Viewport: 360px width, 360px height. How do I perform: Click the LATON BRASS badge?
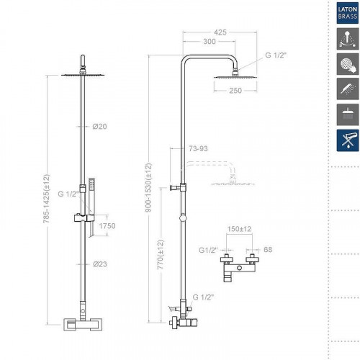(348, 13)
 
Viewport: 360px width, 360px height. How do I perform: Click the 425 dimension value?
(220, 32)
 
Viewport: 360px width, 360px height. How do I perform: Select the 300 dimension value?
(210, 42)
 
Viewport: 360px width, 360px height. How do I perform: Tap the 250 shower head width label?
(235, 91)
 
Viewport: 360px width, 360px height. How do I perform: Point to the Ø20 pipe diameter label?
(99, 127)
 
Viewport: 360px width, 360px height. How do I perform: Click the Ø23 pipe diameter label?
(100, 264)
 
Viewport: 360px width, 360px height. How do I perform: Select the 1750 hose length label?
(107, 226)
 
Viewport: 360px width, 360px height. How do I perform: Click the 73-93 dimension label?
(198, 148)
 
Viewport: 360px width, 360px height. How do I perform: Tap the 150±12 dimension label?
(239, 229)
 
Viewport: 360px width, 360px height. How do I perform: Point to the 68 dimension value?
(268, 250)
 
